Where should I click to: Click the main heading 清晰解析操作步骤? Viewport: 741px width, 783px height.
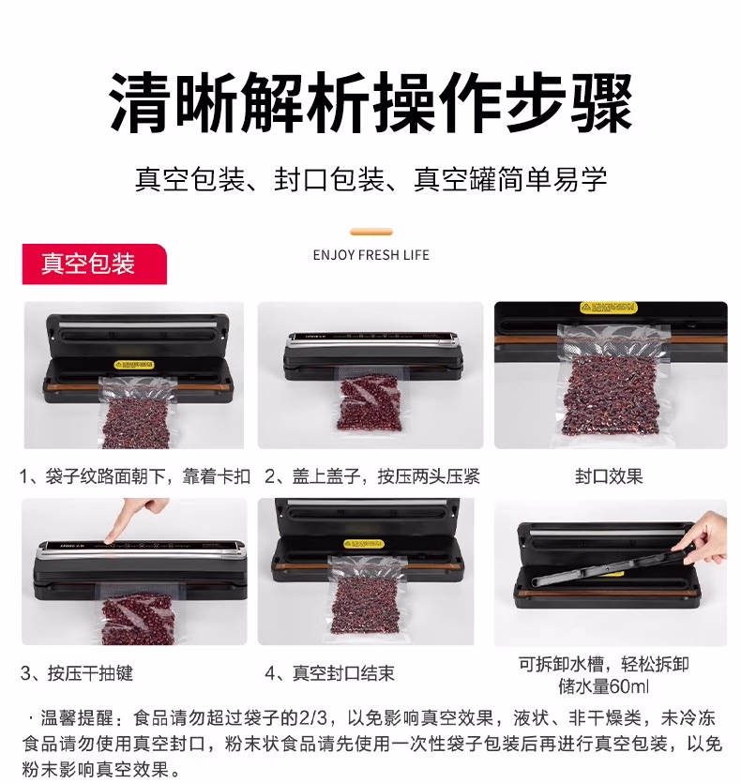[370, 103]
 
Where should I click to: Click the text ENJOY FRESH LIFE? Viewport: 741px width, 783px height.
[370, 255]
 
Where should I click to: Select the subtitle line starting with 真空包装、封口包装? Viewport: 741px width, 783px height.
[370, 178]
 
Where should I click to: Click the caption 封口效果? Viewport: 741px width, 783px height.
[609, 476]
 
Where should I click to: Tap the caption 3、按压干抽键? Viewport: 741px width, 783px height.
[77, 672]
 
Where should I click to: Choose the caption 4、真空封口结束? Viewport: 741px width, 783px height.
[329, 672]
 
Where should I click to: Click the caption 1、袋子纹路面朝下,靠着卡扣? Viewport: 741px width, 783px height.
[135, 476]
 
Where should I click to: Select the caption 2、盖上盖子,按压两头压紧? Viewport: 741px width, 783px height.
[371, 476]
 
